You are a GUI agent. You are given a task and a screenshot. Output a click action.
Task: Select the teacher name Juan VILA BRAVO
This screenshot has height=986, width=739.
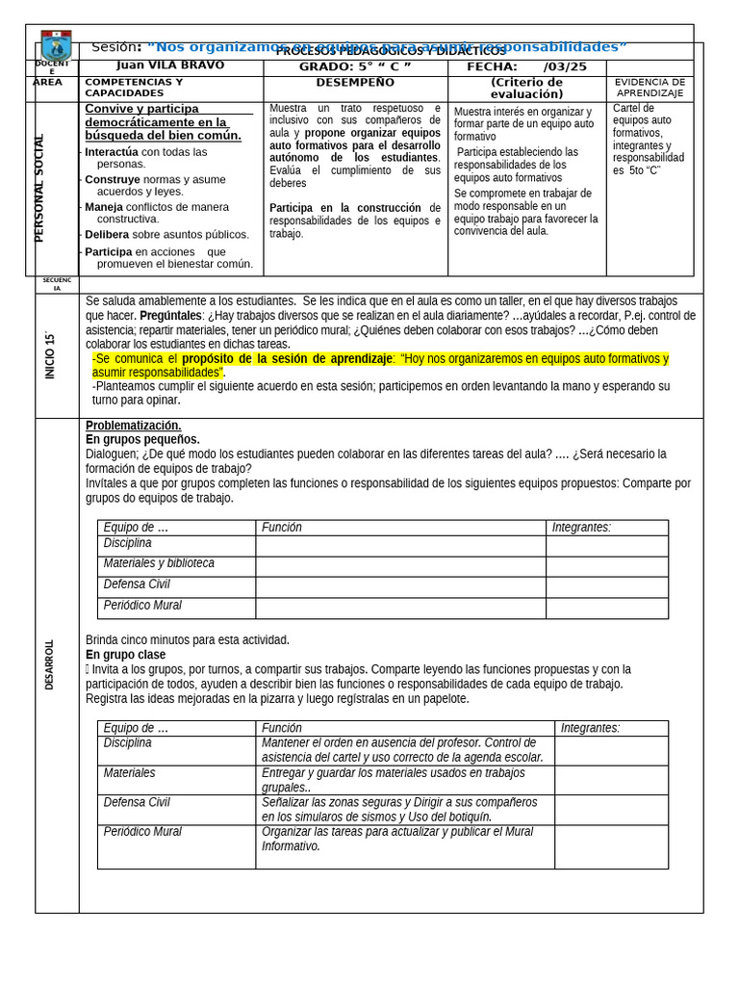coord(169,65)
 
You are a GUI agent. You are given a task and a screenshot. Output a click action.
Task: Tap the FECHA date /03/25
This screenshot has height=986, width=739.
coord(565,66)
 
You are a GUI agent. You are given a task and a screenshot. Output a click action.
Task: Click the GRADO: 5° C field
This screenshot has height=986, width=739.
coord(354,66)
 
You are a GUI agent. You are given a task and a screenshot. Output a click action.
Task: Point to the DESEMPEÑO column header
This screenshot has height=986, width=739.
coord(354,83)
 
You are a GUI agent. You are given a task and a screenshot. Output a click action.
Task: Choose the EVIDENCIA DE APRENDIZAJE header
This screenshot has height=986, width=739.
coord(650,88)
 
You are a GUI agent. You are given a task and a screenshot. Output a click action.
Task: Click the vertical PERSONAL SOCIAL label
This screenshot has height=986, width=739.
coord(39,188)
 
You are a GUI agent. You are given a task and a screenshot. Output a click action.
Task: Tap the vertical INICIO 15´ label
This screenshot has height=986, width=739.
coord(50,355)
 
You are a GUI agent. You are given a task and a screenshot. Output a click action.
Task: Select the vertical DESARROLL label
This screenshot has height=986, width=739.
coord(49,664)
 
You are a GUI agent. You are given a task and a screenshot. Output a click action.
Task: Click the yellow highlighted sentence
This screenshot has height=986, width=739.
coord(379,365)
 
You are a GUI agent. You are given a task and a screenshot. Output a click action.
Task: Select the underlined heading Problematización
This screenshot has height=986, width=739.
coord(133,426)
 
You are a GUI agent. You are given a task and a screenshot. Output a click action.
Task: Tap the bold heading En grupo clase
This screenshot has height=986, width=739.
coord(125,654)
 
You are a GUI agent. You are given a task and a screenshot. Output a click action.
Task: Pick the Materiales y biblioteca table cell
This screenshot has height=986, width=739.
coord(159,563)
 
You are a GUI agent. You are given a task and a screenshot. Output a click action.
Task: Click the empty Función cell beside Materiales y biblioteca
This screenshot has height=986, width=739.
coord(400,566)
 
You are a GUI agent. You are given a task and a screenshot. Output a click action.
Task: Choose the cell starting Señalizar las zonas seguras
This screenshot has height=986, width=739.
coord(404,809)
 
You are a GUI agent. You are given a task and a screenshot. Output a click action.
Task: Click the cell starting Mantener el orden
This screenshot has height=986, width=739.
coord(404,750)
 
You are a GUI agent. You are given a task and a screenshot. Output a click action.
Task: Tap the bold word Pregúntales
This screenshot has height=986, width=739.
coord(171,315)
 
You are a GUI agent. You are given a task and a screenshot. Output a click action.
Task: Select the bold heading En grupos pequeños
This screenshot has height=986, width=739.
coord(142,439)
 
